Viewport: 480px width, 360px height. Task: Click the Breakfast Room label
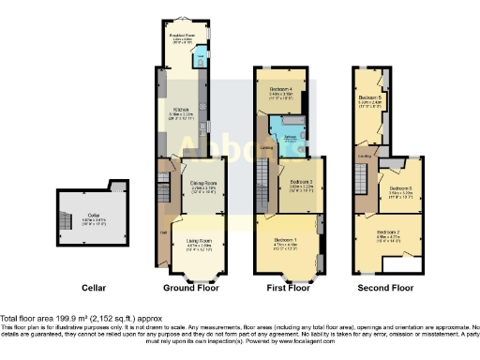coord(181,37)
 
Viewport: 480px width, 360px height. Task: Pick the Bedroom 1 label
coord(285,242)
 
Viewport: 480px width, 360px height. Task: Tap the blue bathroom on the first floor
coord(286,134)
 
